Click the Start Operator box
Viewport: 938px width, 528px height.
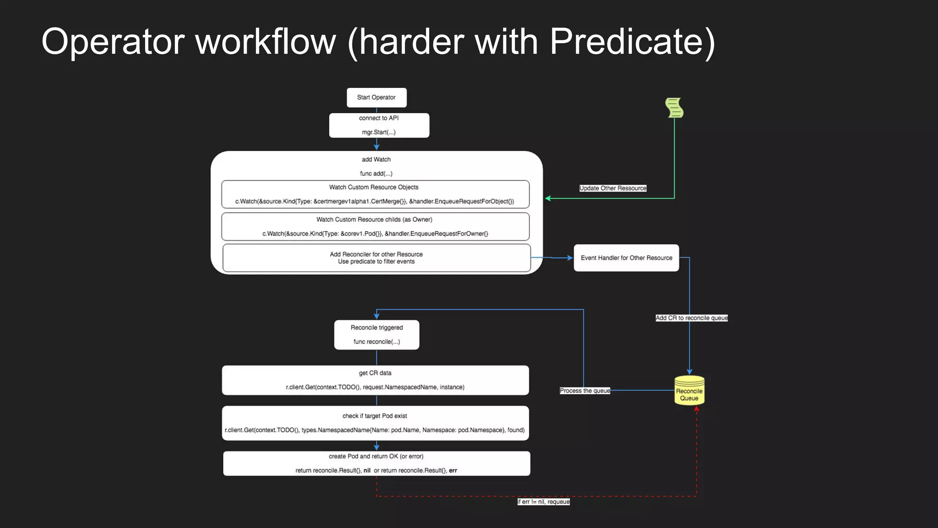(376, 98)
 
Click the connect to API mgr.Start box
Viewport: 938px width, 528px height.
(379, 125)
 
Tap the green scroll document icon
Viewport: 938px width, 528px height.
(674, 108)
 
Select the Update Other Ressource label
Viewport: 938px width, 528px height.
(613, 188)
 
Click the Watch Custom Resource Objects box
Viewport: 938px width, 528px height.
(375, 194)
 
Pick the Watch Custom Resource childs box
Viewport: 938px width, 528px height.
(375, 226)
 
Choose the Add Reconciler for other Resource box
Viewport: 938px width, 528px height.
(376, 258)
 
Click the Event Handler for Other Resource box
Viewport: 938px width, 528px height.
(626, 258)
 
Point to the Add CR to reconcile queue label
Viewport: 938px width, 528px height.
(691, 318)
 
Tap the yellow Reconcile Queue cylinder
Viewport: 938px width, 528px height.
(689, 391)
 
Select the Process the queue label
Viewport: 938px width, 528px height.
(585, 391)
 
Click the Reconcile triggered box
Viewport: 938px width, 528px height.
(376, 335)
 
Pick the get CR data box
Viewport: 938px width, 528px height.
(375, 380)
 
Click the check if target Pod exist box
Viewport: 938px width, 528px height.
(375, 423)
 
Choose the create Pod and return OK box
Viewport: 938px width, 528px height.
(376, 463)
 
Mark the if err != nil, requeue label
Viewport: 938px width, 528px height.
(544, 502)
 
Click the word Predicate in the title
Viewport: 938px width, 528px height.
(632, 42)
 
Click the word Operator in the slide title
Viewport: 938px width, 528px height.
(113, 42)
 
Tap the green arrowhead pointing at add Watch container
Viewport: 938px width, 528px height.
(548, 198)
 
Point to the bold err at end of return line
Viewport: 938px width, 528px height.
(453, 471)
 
